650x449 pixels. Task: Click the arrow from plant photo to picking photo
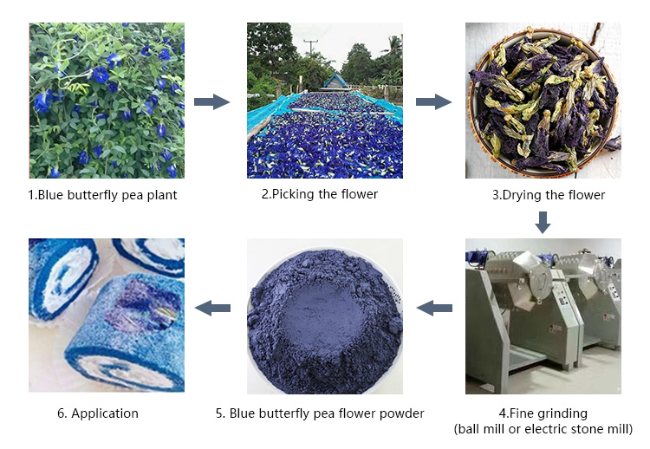point(211,101)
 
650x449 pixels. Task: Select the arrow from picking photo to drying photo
point(433,101)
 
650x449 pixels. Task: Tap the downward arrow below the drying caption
point(543,223)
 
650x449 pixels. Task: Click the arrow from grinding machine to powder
point(434,308)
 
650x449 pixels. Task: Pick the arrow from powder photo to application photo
point(212,308)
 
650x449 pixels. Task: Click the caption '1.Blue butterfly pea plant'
point(102,195)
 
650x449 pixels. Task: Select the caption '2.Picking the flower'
point(320,194)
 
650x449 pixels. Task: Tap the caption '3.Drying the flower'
point(549,195)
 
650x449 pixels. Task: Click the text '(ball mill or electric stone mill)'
point(543,429)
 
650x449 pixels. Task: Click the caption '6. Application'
point(98,413)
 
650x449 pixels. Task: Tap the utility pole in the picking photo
point(310,47)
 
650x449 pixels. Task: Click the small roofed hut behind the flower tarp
point(335,81)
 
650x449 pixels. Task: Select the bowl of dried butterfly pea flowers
point(543,101)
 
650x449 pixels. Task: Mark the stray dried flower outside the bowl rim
point(613,143)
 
